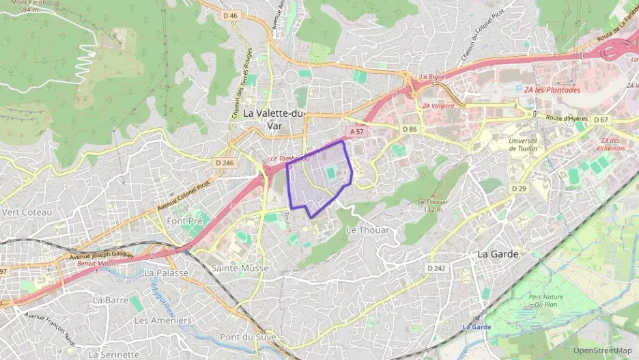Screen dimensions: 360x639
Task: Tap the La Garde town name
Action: pyautogui.click(x=497, y=254)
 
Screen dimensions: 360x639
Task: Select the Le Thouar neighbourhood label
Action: pyautogui.click(x=368, y=230)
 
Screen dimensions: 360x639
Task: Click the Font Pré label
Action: pyautogui.click(x=184, y=221)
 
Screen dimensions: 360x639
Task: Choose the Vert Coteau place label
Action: pyautogui.click(x=27, y=212)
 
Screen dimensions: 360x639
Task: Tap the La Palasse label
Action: pyautogui.click(x=166, y=273)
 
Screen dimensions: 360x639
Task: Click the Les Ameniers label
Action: pyautogui.click(x=162, y=320)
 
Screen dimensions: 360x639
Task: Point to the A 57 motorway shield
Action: pyautogui.click(x=357, y=130)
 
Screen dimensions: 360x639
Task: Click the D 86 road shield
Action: pyautogui.click(x=409, y=129)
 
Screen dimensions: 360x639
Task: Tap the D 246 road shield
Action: pyautogui.click(x=224, y=163)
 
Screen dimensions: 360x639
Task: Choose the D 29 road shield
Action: pyautogui.click(x=520, y=188)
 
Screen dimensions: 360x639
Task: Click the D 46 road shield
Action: pyautogui.click(x=230, y=15)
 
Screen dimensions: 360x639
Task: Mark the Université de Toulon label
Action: pyautogui.click(x=523, y=144)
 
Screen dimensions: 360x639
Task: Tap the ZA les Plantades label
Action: pyautogui.click(x=552, y=90)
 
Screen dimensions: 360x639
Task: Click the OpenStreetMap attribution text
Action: pyautogui.click(x=603, y=351)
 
